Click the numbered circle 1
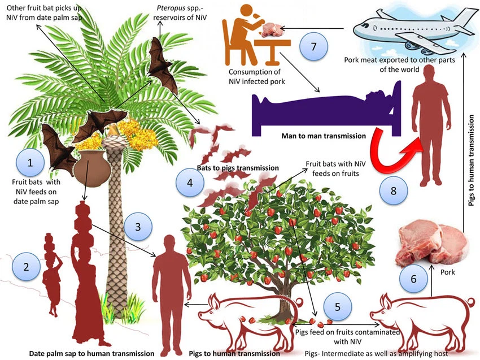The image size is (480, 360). coord(30,163)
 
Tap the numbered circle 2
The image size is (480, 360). coord(26,267)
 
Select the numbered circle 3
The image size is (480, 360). coord(138,227)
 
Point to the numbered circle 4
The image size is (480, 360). coord(190,183)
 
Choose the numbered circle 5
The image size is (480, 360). coord(338,307)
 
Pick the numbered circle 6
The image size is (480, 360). coord(413,279)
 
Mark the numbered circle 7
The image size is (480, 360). coord(313,46)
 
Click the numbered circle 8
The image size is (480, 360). coord(394,190)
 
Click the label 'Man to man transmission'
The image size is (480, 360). coord(324,136)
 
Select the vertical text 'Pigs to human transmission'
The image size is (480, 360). coord(472,160)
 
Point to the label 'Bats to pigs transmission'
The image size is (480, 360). coord(238,168)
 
